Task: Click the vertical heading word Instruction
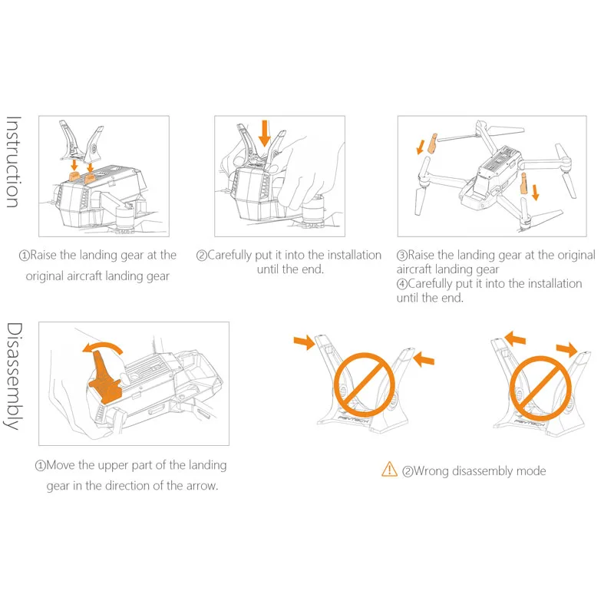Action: click(12, 162)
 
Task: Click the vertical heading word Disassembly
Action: click(13, 376)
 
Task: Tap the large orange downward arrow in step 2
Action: click(265, 133)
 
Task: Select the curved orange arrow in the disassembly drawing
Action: click(103, 346)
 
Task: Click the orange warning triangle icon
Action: click(389, 470)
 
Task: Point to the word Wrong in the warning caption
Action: click(431, 470)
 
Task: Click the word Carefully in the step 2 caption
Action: click(229, 256)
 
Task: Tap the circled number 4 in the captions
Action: click(401, 284)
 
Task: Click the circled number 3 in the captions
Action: click(401, 256)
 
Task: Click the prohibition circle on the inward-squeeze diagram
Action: click(364, 385)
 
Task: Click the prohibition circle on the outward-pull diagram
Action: click(541, 388)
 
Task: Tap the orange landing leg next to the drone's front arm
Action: click(432, 144)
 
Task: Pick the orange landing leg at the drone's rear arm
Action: click(523, 183)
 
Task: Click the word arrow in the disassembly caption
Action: click(202, 486)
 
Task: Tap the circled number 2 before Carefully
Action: click(201, 256)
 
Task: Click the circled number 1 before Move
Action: click(41, 466)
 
